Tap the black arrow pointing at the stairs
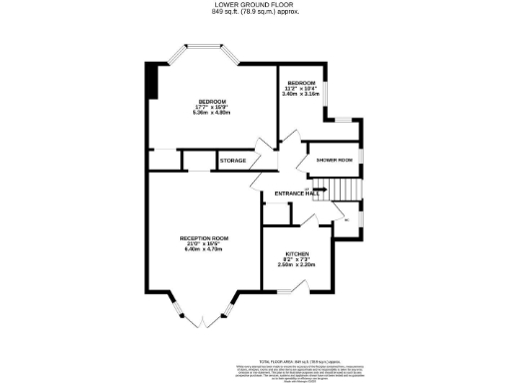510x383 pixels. coord(321,190)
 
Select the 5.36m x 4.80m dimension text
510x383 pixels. coord(211,112)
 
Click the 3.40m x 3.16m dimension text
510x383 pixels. coord(302,94)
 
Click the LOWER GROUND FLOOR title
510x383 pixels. coord(255,5)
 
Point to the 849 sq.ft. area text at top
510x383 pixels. coord(255,12)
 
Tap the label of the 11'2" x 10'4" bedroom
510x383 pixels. coord(302,82)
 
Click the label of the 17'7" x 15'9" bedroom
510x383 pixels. coord(211,101)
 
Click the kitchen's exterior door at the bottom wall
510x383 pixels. coord(290,290)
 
